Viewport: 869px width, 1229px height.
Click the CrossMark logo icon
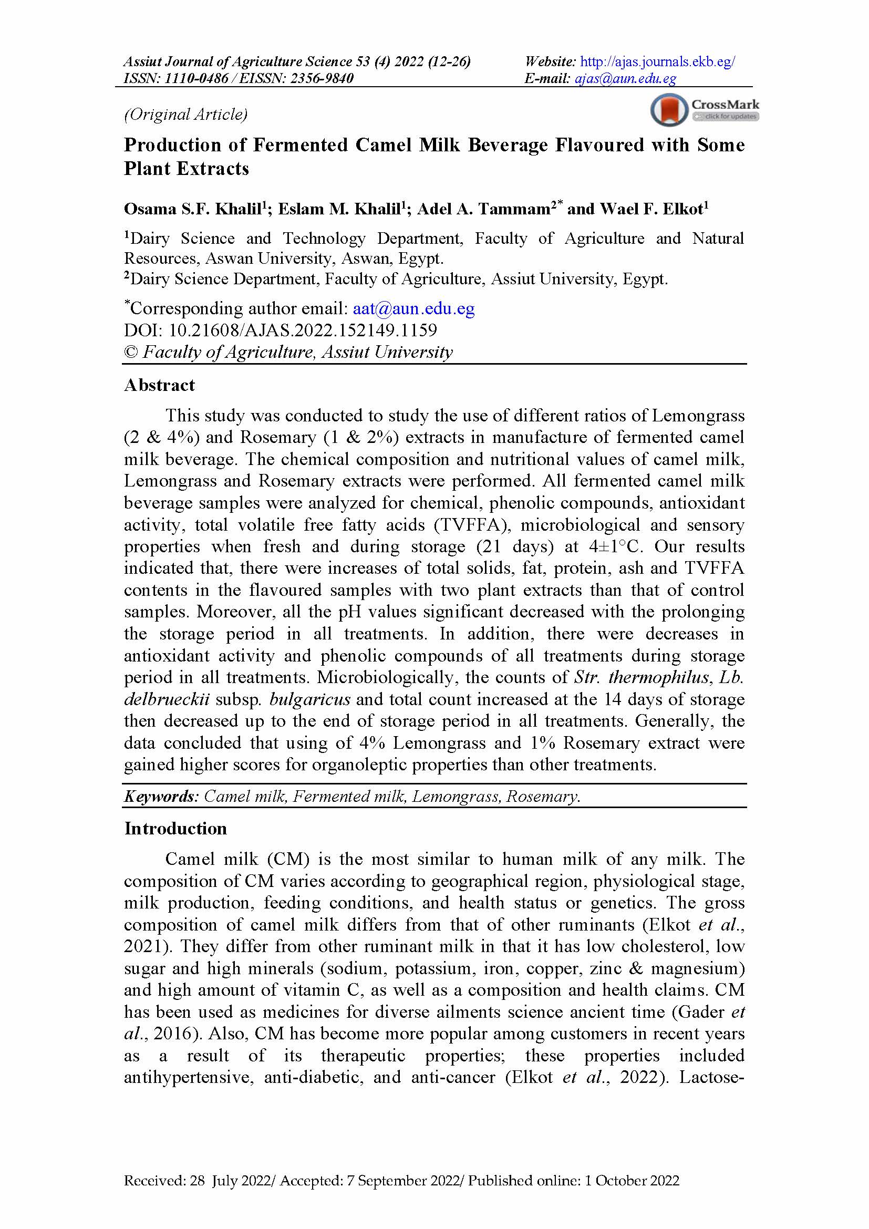pos(669,110)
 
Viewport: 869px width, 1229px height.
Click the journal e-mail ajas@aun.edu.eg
pos(625,79)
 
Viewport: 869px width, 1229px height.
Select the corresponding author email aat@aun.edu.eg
pos(413,309)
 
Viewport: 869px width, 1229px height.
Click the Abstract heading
pos(160,385)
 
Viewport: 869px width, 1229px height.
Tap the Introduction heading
pos(175,829)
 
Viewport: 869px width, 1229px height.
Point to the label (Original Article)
pos(185,114)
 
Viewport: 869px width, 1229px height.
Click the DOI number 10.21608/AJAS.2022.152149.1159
pos(303,331)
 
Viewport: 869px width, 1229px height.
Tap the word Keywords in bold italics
pos(161,797)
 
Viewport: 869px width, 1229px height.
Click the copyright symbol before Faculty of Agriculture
pos(131,352)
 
